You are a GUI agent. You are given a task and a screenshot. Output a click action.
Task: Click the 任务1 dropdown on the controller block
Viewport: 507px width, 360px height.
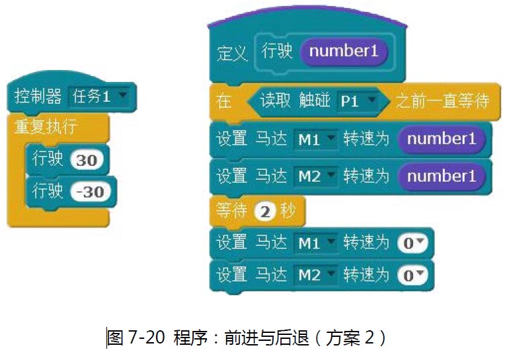click(100, 97)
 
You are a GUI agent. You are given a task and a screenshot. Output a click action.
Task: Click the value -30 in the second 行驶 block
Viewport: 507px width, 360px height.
click(90, 192)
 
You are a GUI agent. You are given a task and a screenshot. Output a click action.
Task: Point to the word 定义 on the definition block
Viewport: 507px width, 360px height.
click(232, 53)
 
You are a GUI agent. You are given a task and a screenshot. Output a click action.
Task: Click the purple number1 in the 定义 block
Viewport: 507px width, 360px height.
click(344, 52)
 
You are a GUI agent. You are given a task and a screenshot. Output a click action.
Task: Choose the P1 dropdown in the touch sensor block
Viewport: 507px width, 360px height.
click(356, 101)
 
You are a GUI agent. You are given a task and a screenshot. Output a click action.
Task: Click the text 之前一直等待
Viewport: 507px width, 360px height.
click(443, 101)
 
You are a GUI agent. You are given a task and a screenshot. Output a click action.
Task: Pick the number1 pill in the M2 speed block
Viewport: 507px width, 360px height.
click(441, 176)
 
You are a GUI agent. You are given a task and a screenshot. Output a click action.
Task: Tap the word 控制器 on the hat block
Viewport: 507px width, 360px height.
click(38, 97)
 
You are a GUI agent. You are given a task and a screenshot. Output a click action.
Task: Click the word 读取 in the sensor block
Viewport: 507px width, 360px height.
click(275, 101)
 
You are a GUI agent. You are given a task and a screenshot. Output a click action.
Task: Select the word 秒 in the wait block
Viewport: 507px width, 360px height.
click(286, 211)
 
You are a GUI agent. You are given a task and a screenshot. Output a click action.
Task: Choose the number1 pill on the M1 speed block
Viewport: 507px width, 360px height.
click(441, 139)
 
